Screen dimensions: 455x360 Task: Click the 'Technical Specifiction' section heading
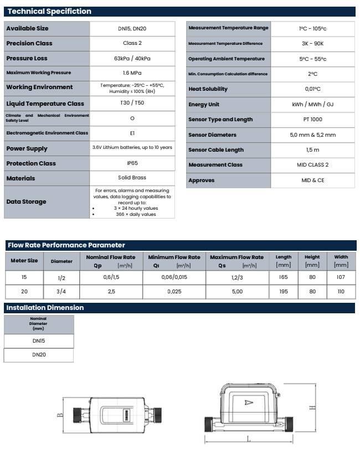(x=49, y=12)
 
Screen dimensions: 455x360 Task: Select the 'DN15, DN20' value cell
(x=131, y=28)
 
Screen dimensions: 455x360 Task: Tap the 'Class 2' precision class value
(x=131, y=43)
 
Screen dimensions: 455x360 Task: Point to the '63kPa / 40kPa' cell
(x=131, y=58)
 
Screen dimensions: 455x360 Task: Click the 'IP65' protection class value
(x=131, y=163)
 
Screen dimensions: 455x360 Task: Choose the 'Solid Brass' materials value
(x=131, y=178)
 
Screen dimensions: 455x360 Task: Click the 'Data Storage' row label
(x=26, y=201)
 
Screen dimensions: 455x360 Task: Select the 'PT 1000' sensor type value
(x=313, y=120)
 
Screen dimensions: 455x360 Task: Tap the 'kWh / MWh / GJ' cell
(x=313, y=104)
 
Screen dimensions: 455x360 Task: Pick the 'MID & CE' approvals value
(x=313, y=180)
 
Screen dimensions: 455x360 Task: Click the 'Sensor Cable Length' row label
(x=216, y=150)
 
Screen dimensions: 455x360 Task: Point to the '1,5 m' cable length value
(x=313, y=150)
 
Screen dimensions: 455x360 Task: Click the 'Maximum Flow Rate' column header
(x=236, y=257)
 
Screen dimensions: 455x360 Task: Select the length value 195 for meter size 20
(x=284, y=291)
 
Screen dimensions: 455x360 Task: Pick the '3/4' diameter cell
(x=61, y=291)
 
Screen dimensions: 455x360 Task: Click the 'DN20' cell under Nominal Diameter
(x=39, y=354)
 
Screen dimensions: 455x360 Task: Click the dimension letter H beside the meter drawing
(x=312, y=407)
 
